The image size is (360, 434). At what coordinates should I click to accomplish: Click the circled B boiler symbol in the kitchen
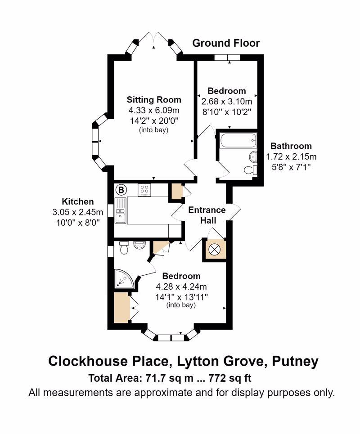121,190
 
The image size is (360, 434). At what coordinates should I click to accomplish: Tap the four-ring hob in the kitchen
144,190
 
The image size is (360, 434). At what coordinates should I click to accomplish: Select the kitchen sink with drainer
121,211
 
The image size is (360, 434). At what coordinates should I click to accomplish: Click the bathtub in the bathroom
238,140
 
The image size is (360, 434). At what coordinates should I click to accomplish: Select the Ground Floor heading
226,43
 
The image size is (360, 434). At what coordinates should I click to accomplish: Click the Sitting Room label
154,100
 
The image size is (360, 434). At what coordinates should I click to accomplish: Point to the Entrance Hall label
207,215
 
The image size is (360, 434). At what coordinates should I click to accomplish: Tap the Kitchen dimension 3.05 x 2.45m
77,212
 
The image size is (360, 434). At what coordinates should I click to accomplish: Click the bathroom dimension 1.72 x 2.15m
291,157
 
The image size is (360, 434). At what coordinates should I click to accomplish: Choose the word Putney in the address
295,361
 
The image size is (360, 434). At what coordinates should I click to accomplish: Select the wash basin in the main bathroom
253,157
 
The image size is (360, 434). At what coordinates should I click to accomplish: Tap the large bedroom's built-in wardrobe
121,307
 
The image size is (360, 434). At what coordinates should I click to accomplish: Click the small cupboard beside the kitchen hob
175,191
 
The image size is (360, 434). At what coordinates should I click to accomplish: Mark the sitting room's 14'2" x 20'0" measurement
154,121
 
